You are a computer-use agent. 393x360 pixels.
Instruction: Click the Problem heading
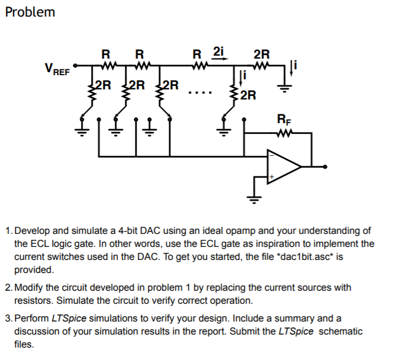click(30, 12)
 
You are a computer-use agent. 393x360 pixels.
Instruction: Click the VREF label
click(57, 69)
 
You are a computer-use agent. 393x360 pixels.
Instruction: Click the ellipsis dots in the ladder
click(196, 94)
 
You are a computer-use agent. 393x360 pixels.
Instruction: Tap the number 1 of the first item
click(7, 230)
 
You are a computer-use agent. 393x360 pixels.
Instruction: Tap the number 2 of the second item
click(7, 287)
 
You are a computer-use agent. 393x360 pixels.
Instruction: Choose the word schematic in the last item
click(340, 331)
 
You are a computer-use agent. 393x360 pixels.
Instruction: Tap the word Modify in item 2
click(28, 287)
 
